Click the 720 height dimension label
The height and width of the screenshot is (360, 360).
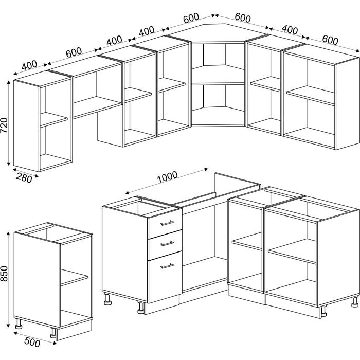pos(4,125)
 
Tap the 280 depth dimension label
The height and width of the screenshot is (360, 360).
pos(24,178)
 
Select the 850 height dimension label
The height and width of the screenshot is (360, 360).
pos(4,274)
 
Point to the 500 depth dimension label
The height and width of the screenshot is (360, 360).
pos(32,343)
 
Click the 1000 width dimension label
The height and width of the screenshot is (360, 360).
pos(168,177)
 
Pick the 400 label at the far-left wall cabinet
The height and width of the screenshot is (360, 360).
pos(29,65)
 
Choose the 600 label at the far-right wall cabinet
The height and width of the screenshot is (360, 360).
pos(330,40)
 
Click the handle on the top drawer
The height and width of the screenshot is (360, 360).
pos(167,223)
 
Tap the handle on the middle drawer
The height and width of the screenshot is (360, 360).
pos(167,243)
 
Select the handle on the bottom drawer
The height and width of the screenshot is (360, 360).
pos(167,266)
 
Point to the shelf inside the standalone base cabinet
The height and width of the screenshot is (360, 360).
pos(74,277)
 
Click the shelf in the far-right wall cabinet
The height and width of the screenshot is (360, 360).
pos(311,96)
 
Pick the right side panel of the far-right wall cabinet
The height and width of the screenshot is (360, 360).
pos(347,104)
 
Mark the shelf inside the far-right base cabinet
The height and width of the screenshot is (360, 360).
pos(292,251)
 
